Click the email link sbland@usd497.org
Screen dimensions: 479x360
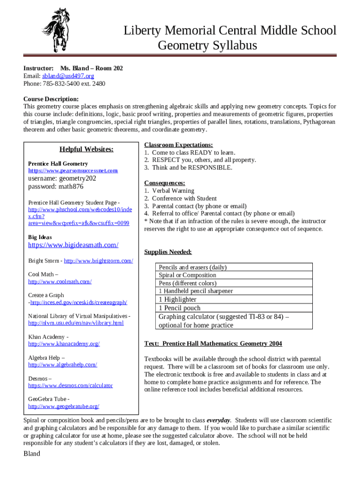[x=68, y=76]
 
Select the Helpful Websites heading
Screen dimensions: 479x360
[x=86, y=149]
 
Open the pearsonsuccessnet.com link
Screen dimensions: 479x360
[x=73, y=171]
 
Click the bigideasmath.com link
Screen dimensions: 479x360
[x=73, y=245]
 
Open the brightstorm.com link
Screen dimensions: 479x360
[x=98, y=261]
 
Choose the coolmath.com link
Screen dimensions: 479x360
[x=60, y=282]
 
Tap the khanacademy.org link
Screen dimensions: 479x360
[x=64, y=344]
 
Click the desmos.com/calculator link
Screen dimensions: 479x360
[x=71, y=385]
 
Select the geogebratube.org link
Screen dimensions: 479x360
[x=64, y=406]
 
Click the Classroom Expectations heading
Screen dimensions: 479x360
[x=179, y=145]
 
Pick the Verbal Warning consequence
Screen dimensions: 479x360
[x=173, y=191]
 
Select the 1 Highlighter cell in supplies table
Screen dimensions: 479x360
[x=178, y=299]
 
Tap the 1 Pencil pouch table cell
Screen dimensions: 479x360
[x=180, y=308]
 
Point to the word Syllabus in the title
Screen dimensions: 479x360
[x=231, y=46]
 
